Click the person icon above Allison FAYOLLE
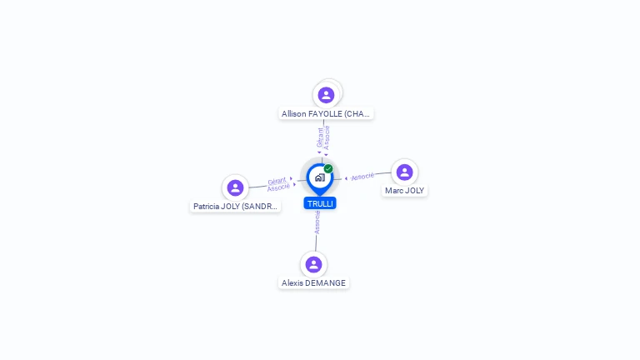pyautogui.click(x=326, y=95)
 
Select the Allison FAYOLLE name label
pyautogui.click(x=326, y=113)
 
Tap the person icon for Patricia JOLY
pyautogui.click(x=235, y=187)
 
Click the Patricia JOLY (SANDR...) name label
pyautogui.click(x=235, y=206)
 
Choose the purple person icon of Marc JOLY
pyautogui.click(x=404, y=172)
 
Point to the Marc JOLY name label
pyautogui.click(x=404, y=190)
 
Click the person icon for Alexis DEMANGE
pyautogui.click(x=313, y=265)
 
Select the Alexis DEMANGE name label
pyautogui.click(x=313, y=282)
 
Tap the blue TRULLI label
pyautogui.click(x=320, y=203)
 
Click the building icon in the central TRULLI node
pyautogui.click(x=319, y=177)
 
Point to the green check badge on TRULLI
pyautogui.click(x=328, y=168)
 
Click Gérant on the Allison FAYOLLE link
pyautogui.click(x=320, y=137)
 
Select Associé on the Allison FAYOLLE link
pyautogui.click(x=327, y=137)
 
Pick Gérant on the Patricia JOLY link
pyautogui.click(x=277, y=181)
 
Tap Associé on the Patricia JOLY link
pyautogui.click(x=278, y=187)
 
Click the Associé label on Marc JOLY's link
pyautogui.click(x=362, y=177)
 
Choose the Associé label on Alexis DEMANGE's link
pyautogui.click(x=317, y=221)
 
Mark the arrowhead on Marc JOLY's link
pyautogui.click(x=346, y=177)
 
